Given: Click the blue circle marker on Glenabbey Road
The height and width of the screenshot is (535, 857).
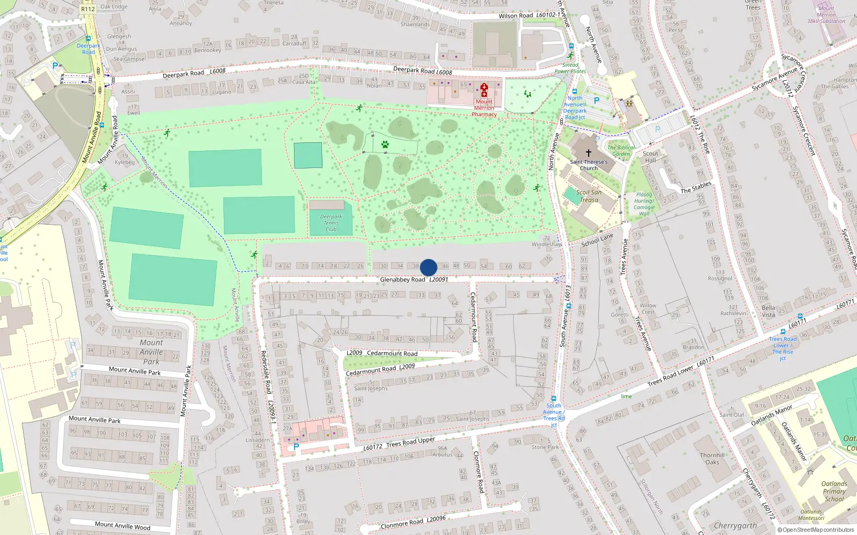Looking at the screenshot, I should coord(428,267).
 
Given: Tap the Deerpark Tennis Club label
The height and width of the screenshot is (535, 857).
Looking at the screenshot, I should coord(331,223).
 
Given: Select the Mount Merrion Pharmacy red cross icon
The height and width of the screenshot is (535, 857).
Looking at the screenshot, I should coord(484,90).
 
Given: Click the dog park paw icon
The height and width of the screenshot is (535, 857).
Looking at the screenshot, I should coord(385,144).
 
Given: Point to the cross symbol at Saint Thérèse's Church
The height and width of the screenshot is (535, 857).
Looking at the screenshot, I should coord(589,153).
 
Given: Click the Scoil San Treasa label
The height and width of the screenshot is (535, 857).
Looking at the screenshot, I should coord(589,196).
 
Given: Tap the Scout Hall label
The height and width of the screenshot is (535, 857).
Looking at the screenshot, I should coord(650,157).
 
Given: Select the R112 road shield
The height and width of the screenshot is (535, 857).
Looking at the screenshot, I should coord(87,9).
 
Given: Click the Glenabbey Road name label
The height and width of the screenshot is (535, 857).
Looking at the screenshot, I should coord(402,279).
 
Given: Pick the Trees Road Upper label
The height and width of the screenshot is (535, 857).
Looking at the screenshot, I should coord(410,442).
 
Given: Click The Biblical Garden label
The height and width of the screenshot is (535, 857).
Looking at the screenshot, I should coord(621,151).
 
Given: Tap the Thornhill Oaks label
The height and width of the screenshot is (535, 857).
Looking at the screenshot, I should coord(712,458).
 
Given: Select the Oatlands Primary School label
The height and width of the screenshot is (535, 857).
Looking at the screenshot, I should coord(834,491).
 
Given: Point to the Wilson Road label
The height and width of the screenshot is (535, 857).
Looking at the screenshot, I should coord(515,16).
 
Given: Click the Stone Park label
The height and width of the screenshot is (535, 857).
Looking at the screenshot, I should coord(545,447).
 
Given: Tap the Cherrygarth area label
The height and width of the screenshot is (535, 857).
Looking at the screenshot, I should coord(735,525).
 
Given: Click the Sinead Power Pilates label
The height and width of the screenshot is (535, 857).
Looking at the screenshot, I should coord(570,68).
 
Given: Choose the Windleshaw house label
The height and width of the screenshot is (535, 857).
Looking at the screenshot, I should coord(547,244).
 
